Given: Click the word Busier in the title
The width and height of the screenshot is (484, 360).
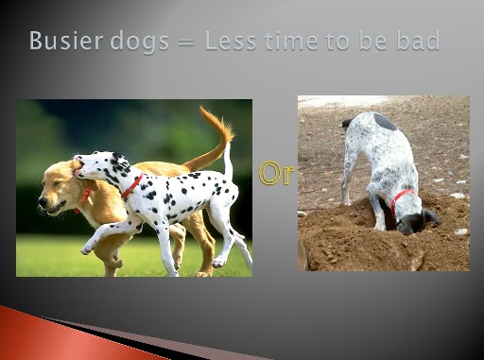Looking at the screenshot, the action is tap(66, 41).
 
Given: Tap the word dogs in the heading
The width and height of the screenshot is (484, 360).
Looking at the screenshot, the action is tap(140, 42).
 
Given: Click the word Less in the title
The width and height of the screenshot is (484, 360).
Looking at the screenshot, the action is tap(231, 41).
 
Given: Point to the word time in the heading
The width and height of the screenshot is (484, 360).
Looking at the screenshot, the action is tap(291, 41).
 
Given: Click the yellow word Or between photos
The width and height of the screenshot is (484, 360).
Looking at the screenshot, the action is tap(276, 173).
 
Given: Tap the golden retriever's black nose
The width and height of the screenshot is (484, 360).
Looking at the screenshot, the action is tap(43, 200).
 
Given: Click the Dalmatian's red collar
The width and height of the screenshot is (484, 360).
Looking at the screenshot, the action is tap(132, 186).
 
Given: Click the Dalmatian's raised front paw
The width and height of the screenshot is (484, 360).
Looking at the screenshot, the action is tap(86, 249).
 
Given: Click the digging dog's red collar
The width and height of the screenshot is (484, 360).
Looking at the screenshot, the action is tap(400, 198).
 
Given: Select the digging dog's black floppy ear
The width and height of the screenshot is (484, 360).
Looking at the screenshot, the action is tap(430, 216).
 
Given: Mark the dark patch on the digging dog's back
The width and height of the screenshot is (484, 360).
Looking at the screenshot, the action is tap(385, 122).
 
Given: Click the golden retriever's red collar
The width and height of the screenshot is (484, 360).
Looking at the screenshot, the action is tap(84, 197).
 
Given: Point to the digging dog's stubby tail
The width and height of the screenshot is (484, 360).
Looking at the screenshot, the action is tap(347, 123).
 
